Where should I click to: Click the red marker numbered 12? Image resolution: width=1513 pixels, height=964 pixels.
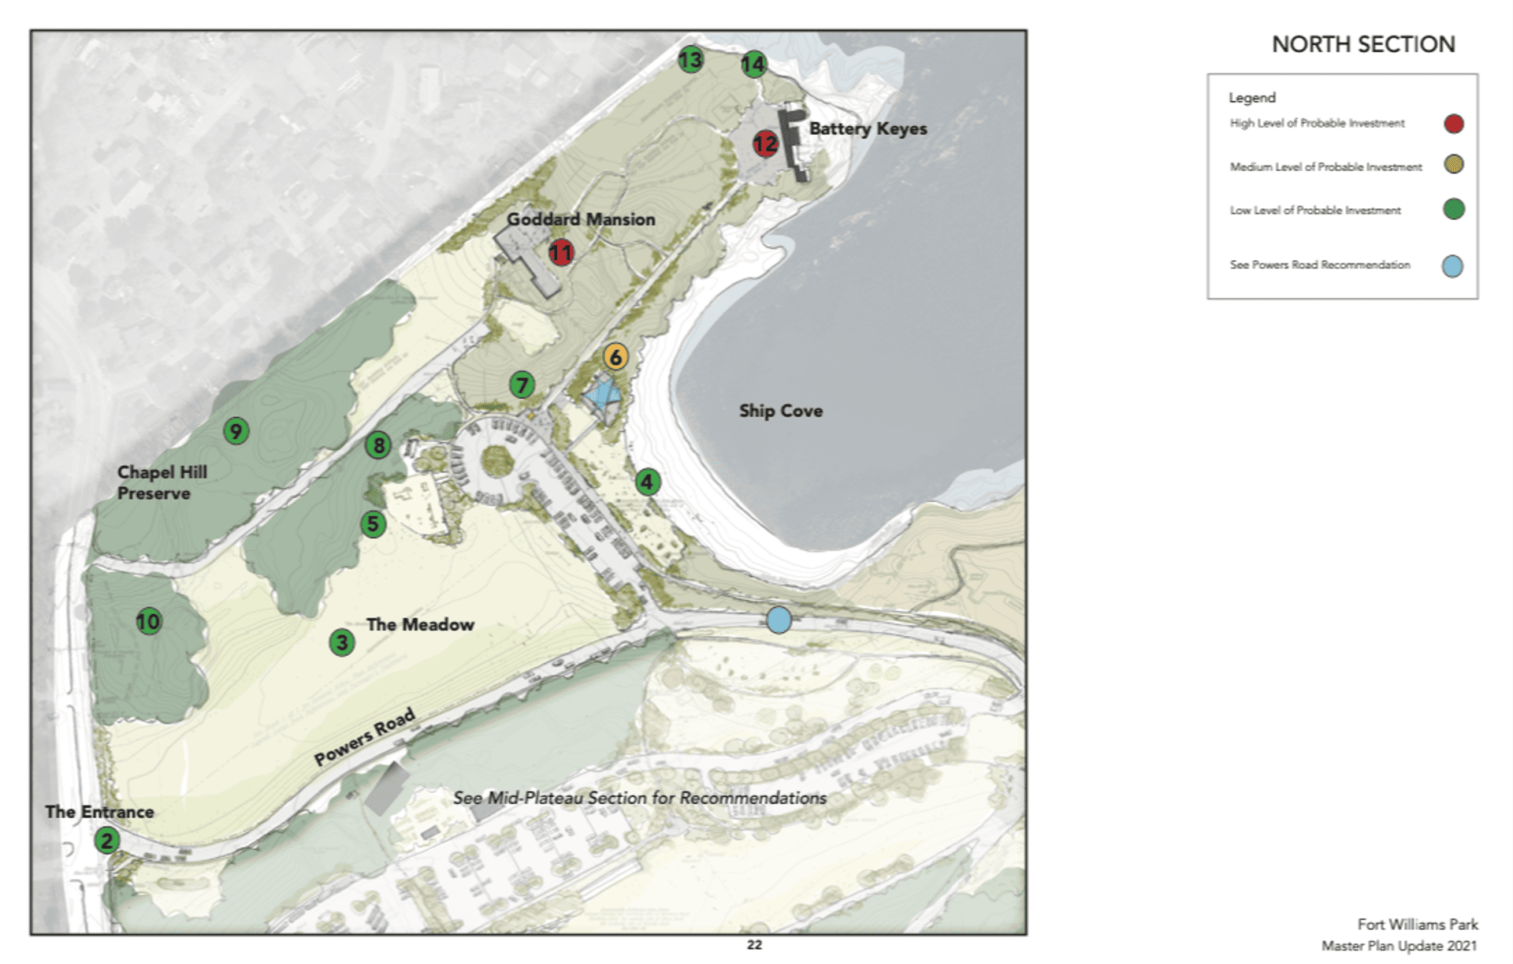click(x=764, y=143)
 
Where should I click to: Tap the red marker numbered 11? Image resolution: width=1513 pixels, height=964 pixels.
click(x=561, y=253)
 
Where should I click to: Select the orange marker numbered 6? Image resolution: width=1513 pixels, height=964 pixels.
click(x=616, y=357)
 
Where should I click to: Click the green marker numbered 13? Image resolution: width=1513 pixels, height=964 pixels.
click(x=691, y=60)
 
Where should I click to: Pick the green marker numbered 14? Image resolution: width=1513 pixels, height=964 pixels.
click(x=753, y=65)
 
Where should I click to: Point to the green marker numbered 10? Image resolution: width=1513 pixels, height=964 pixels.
click(x=148, y=622)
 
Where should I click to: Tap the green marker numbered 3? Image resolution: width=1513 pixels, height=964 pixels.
click(x=342, y=643)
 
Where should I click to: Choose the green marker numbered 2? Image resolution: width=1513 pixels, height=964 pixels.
click(x=107, y=841)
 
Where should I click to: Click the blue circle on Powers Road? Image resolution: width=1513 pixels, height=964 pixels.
click(x=779, y=620)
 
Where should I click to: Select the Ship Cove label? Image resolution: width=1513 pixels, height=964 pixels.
click(x=780, y=411)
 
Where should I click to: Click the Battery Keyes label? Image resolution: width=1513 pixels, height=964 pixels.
click(x=868, y=128)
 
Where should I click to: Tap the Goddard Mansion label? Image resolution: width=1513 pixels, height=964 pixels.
click(x=581, y=220)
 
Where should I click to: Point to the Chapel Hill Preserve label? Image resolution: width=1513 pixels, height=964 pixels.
click(x=162, y=482)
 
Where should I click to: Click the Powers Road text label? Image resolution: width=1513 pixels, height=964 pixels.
click(x=364, y=738)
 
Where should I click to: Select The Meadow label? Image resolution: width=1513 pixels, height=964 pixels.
click(x=420, y=624)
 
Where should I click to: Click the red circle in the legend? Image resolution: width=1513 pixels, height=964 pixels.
click(x=1453, y=124)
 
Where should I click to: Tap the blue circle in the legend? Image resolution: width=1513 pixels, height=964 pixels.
click(x=1452, y=266)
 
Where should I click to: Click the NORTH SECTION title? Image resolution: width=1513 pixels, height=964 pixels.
click(x=1363, y=45)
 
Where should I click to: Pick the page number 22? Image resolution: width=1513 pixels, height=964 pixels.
click(x=754, y=945)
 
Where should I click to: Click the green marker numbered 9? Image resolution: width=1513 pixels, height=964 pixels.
click(x=236, y=431)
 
